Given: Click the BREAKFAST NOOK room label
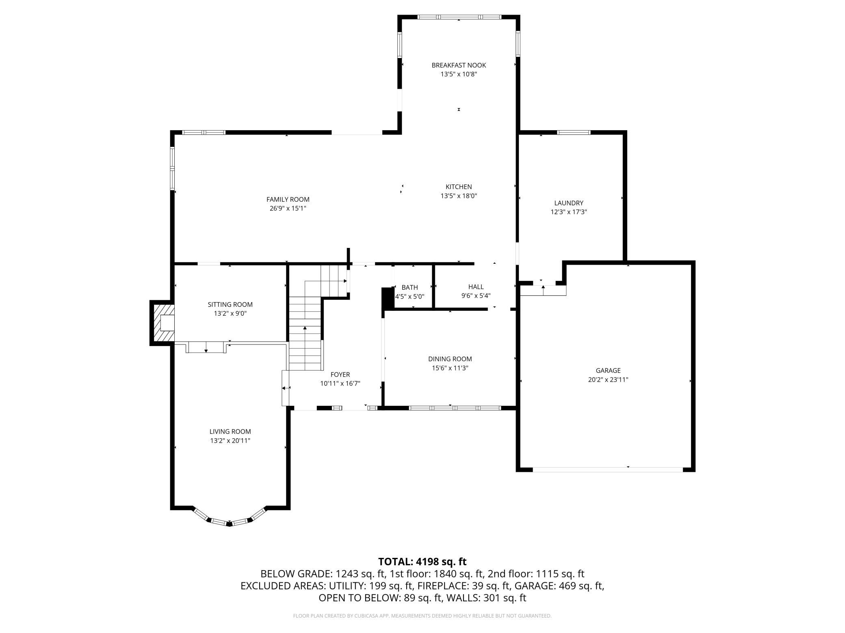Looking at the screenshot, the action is point(459,65).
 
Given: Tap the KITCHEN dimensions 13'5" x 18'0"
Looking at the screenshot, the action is point(459,196).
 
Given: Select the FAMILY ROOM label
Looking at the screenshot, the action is point(288,199).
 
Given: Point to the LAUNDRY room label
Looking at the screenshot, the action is point(569,203).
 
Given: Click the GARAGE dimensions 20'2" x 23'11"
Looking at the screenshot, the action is point(608,380).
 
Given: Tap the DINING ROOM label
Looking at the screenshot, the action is point(450,359).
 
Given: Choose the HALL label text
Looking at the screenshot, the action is point(476,287).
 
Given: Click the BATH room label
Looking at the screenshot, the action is point(409,287).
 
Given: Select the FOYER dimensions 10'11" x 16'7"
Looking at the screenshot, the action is point(340,383).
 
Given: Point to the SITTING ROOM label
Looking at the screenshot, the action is point(230,304).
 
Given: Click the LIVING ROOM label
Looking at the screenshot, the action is point(230,431).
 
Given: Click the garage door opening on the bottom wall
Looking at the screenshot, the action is point(608,469).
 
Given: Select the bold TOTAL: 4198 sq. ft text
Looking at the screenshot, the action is point(422,562).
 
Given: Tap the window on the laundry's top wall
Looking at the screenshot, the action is point(574,132).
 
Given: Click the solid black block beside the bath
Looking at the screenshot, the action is point(388,299).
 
